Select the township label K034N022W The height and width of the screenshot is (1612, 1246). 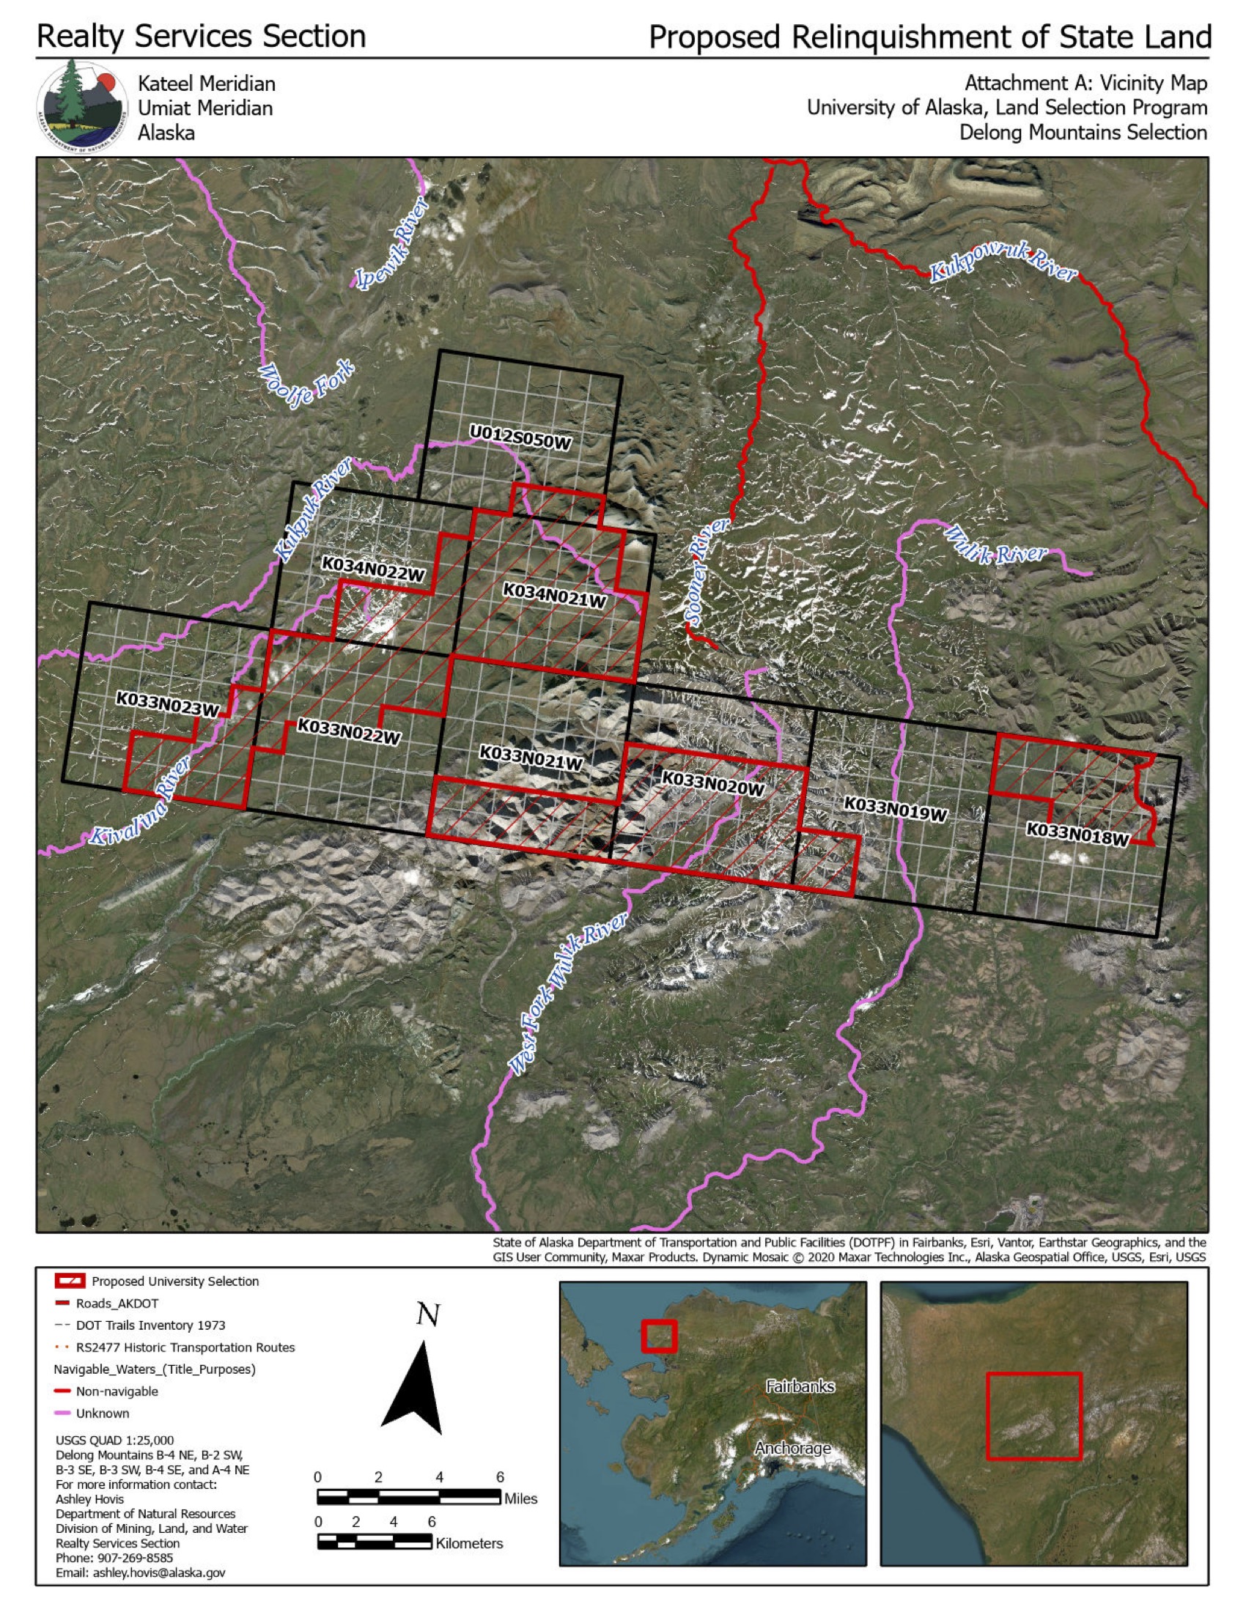pyautogui.click(x=374, y=569)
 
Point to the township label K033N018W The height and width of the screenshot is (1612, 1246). pyautogui.click(x=1077, y=834)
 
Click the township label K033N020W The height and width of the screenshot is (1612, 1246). pyautogui.click(x=712, y=784)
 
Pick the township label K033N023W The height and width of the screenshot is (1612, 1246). pyautogui.click(x=168, y=704)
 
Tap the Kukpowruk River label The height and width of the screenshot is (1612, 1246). pyautogui.click(x=1003, y=267)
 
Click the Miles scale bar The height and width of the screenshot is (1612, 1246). pyautogui.click(x=408, y=1497)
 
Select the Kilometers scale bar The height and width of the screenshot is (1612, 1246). pyautogui.click(x=375, y=1542)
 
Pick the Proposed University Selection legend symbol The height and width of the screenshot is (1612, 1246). pyautogui.click(x=70, y=1281)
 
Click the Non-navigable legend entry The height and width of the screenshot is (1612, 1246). pyautogui.click(x=116, y=1391)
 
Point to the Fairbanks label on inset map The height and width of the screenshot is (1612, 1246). pyautogui.click(x=800, y=1387)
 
